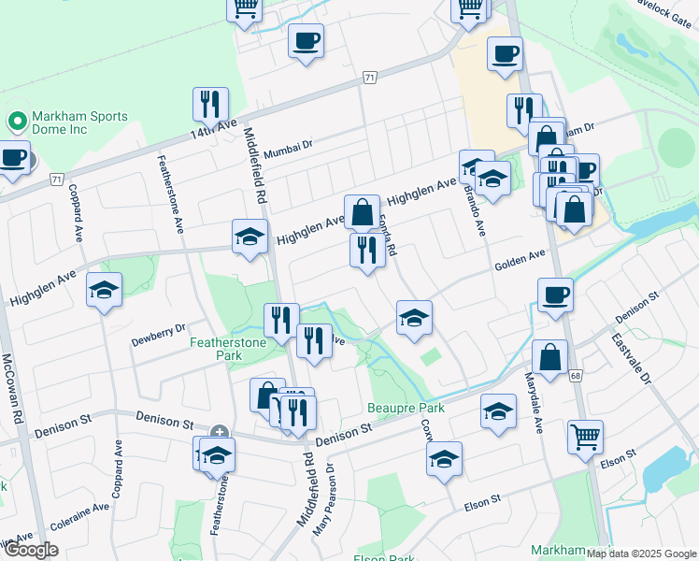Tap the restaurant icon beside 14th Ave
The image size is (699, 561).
point(210,104)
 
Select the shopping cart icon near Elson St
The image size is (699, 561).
point(585,436)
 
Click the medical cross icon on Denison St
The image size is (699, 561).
point(219,432)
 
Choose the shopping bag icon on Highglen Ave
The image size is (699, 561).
point(361,212)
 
